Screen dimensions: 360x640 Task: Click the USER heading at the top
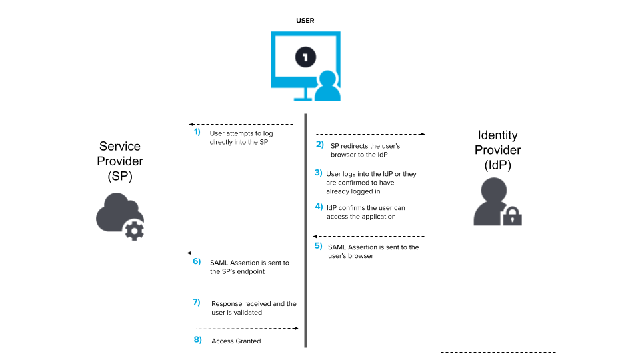tap(305, 21)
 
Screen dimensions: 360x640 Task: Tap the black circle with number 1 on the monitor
tap(305, 58)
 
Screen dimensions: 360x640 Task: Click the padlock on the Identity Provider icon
tap(512, 216)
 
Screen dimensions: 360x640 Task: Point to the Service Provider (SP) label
tap(120, 161)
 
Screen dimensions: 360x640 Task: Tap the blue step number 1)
tap(197, 132)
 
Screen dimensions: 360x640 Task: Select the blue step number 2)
tap(319, 144)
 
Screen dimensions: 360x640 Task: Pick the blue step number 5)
tap(318, 246)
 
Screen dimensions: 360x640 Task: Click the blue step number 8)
tap(197, 340)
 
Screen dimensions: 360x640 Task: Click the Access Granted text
tap(236, 341)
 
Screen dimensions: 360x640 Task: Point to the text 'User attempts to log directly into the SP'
tap(241, 138)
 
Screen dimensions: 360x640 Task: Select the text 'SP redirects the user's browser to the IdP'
tap(365, 150)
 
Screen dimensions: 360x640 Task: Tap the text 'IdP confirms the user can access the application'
tap(365, 212)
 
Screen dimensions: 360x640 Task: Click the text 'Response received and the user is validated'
tap(253, 308)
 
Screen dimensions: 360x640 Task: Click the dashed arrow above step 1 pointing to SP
tap(241, 124)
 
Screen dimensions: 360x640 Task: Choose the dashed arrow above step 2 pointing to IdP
tap(370, 134)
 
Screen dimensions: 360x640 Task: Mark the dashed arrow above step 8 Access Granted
tap(243, 328)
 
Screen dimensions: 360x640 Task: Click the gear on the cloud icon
tap(134, 230)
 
